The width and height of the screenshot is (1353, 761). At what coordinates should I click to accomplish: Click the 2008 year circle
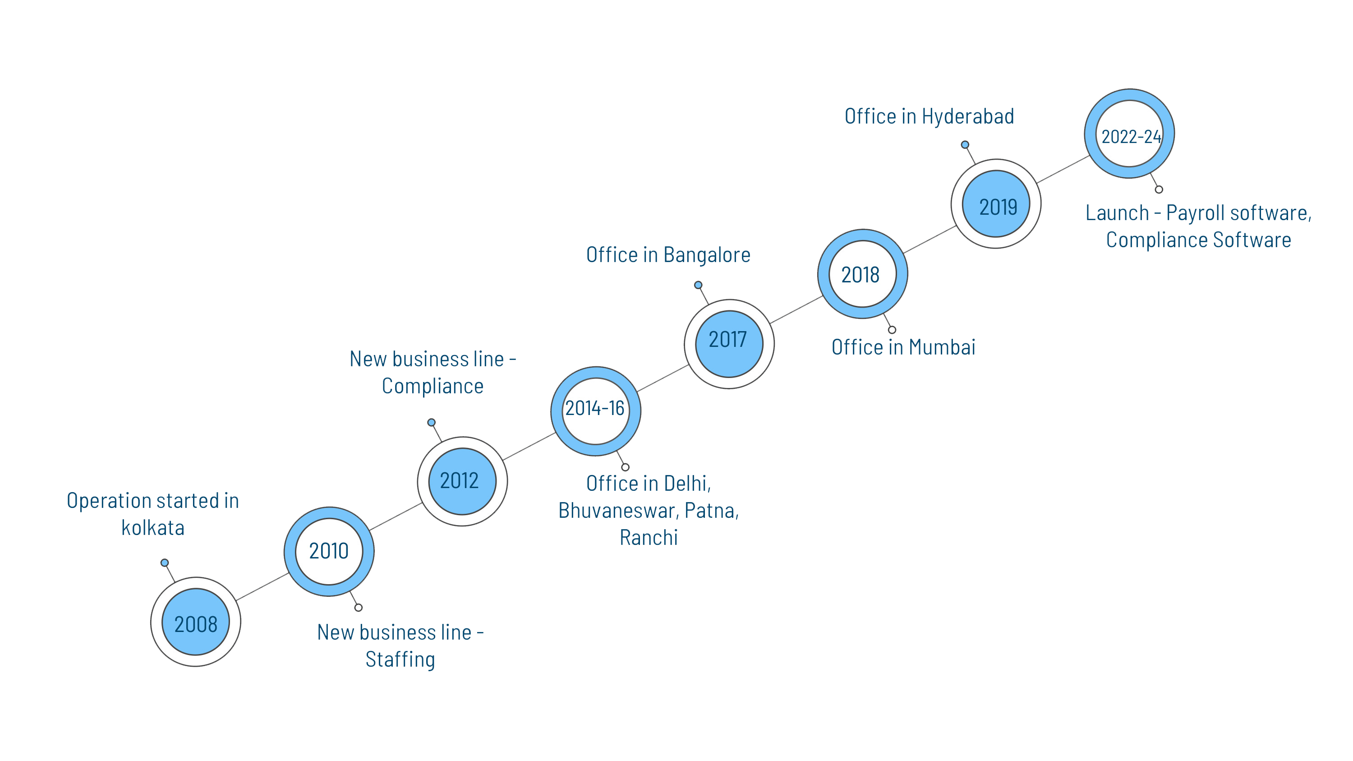click(195, 623)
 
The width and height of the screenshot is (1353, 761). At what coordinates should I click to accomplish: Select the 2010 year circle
click(329, 551)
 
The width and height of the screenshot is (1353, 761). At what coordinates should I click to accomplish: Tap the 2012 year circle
click(462, 481)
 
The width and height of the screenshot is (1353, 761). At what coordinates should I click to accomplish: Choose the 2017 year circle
click(728, 344)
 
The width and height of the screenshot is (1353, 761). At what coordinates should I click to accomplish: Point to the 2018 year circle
click(862, 274)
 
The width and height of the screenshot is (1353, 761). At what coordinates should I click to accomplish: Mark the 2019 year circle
click(995, 204)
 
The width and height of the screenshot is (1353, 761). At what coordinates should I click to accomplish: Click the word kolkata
click(153, 528)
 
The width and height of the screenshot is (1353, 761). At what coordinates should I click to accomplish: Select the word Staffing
click(400, 660)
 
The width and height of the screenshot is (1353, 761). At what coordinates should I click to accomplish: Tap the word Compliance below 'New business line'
click(432, 387)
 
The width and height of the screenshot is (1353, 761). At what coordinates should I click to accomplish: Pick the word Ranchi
click(649, 538)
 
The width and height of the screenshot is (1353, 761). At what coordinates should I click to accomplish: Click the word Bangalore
click(707, 255)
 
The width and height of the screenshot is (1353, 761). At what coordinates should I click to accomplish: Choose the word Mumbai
click(942, 348)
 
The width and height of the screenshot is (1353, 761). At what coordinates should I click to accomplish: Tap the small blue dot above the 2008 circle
click(165, 563)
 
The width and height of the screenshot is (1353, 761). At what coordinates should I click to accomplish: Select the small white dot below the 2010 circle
click(358, 608)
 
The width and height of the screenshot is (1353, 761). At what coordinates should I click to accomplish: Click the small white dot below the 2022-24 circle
click(1159, 189)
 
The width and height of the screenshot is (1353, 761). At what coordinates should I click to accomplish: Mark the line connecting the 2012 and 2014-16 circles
click(529, 447)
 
